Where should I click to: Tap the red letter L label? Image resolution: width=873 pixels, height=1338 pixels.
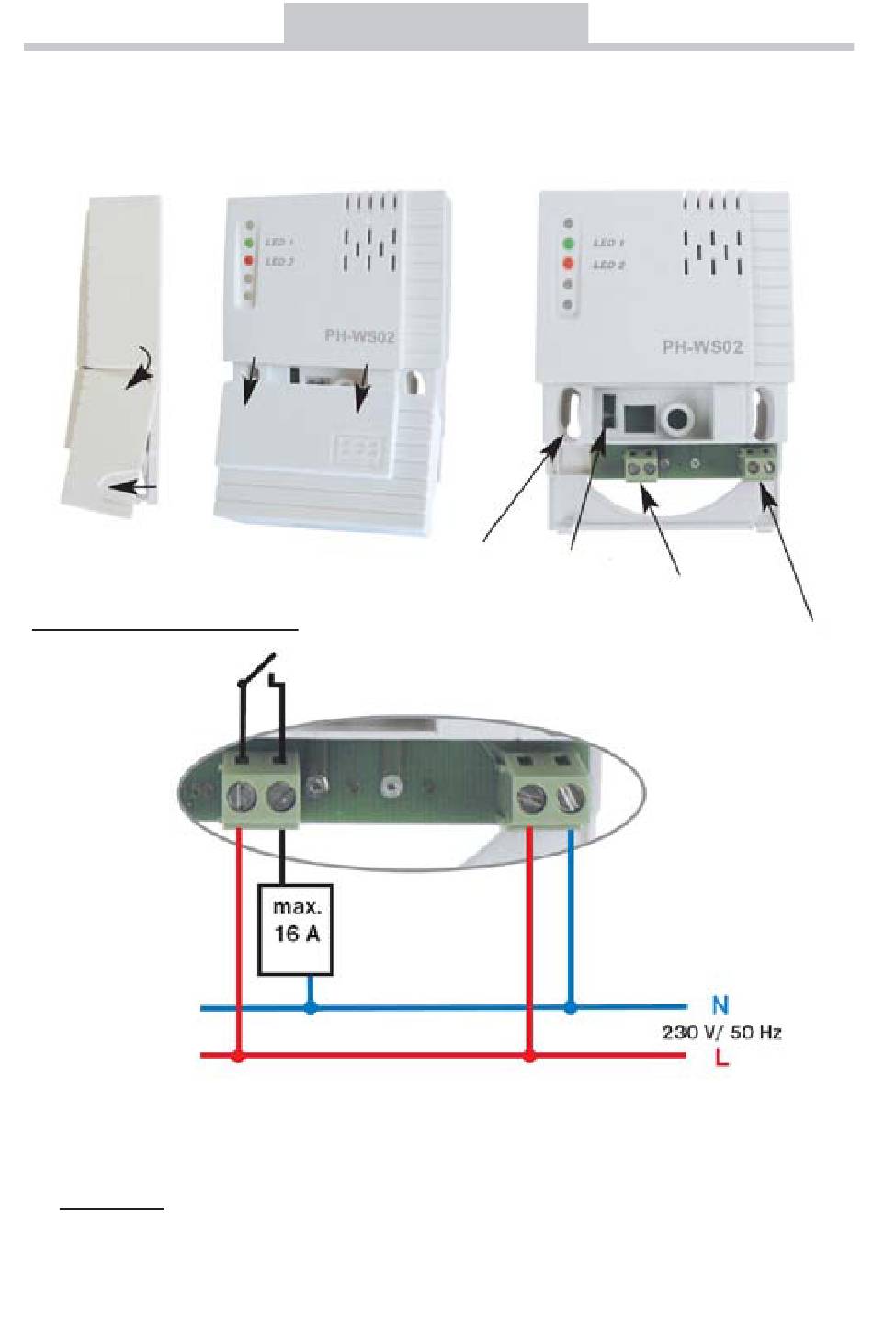point(721,1058)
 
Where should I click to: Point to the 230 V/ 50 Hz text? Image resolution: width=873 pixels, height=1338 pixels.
point(721,1032)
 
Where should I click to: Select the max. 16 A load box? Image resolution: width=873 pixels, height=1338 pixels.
point(296,929)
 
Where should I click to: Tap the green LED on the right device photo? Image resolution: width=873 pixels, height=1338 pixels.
point(569,244)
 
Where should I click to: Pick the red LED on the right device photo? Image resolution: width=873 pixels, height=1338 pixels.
point(569,264)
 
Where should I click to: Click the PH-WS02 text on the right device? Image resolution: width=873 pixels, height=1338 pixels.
point(702,347)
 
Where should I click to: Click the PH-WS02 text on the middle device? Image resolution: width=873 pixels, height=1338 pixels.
point(359,336)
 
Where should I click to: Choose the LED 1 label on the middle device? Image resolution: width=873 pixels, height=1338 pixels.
point(278,242)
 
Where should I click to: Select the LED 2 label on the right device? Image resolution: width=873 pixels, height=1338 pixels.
point(608,265)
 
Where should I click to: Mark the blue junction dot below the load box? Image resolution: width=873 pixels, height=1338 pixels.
point(311,1008)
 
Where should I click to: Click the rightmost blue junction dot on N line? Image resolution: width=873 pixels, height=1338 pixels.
point(571,1008)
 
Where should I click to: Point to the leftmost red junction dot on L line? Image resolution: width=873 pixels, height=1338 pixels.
point(239,1058)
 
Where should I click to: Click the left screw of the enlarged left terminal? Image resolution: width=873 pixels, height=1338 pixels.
point(241,797)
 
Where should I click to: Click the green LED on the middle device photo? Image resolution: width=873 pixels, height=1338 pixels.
point(248,244)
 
